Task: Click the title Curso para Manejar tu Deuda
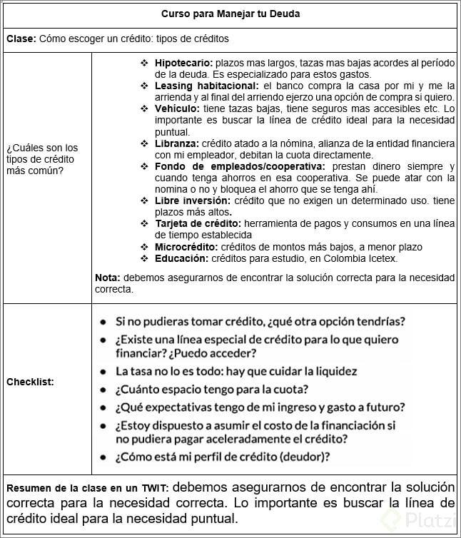(x=230, y=14)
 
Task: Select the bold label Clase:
(x=20, y=39)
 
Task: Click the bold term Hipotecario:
(x=183, y=64)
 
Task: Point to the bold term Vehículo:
(x=177, y=108)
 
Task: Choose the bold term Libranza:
(x=177, y=143)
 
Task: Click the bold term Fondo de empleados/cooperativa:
(x=239, y=166)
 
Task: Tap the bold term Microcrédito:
(x=186, y=246)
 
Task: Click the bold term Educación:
(x=182, y=258)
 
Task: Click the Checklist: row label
(x=30, y=382)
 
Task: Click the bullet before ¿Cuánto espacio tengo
(x=104, y=390)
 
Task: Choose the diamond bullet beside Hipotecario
(x=144, y=64)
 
